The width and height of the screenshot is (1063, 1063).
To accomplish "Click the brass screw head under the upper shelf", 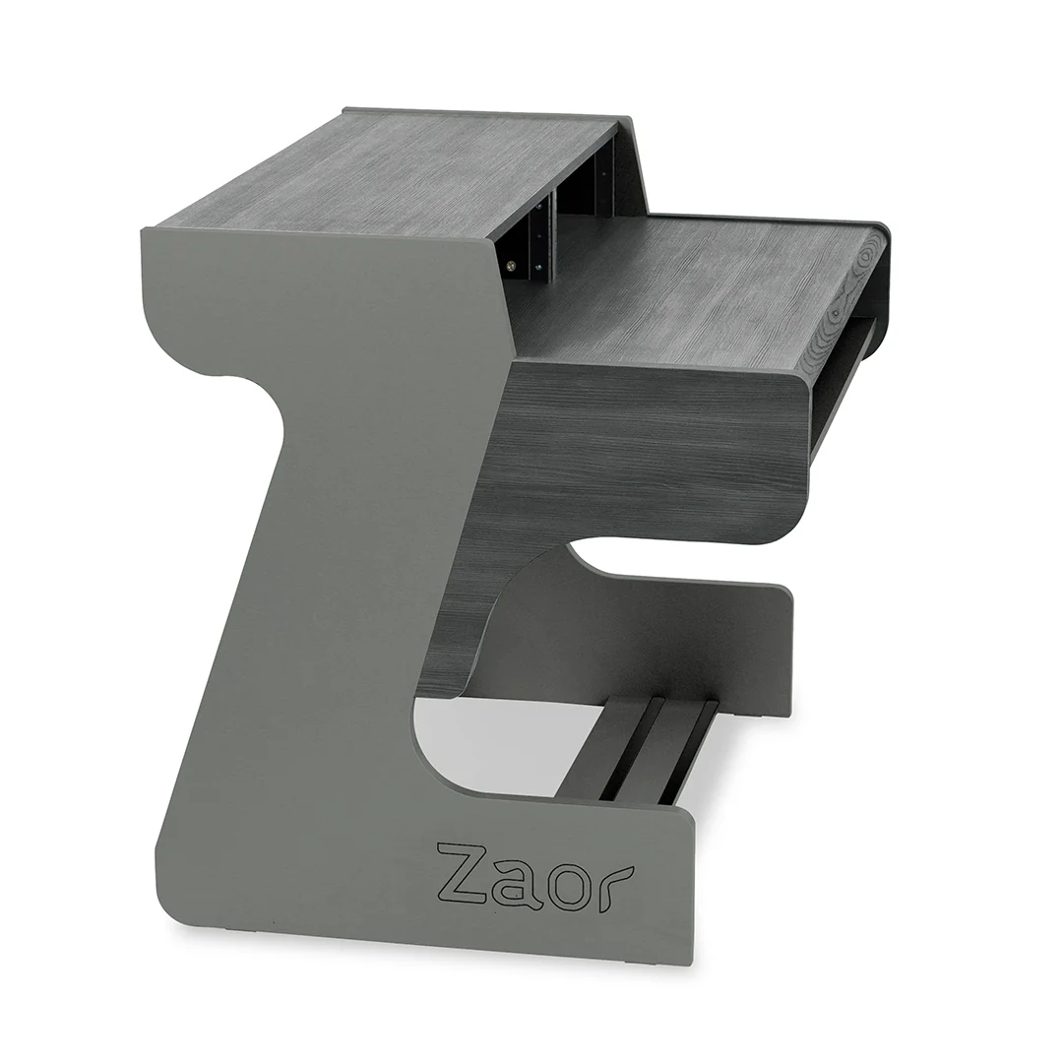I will (511, 264).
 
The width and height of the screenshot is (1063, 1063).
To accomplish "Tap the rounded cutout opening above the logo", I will (472, 748).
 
